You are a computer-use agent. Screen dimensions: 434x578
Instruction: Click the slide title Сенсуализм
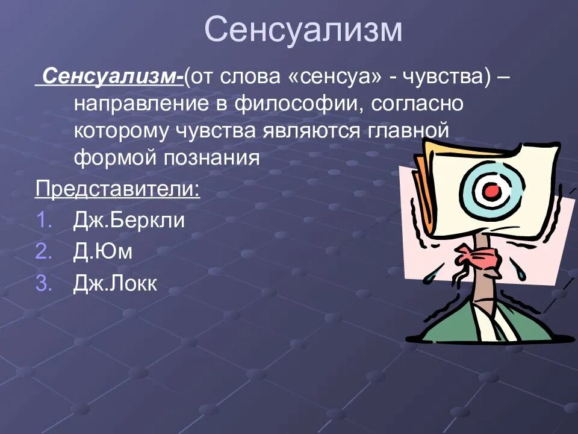[303, 30]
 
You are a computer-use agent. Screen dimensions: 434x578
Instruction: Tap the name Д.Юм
[102, 251]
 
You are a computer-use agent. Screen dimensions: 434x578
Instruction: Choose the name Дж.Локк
[114, 283]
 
